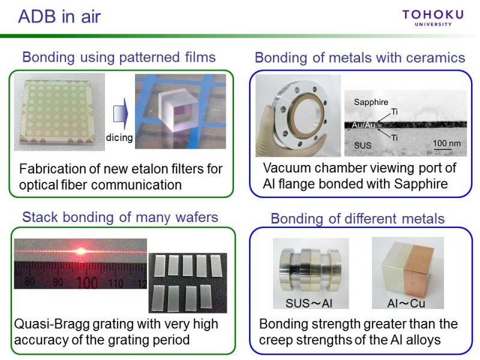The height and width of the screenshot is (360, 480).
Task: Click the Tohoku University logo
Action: coord(433,18)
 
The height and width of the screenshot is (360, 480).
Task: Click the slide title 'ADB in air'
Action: coord(59,17)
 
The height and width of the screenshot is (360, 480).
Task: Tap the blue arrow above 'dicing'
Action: coord(121,114)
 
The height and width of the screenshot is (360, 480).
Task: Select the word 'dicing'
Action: coord(119,137)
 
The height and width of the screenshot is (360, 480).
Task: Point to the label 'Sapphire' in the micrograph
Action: coord(371,102)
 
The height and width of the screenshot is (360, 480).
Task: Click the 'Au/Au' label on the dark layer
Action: coord(364,125)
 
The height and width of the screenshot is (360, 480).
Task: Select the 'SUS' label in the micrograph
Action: coord(362,145)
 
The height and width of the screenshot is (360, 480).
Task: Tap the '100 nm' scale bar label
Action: coord(446,143)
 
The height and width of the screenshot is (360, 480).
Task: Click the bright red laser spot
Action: coord(81,251)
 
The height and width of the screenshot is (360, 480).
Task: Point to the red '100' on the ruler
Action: coord(87,282)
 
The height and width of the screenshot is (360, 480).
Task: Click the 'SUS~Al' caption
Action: coord(309,303)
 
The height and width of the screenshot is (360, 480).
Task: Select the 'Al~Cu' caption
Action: coord(406,303)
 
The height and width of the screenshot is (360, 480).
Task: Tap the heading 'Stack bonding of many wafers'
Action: coord(120,217)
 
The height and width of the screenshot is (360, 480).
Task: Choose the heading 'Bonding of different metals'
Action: coord(358,219)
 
